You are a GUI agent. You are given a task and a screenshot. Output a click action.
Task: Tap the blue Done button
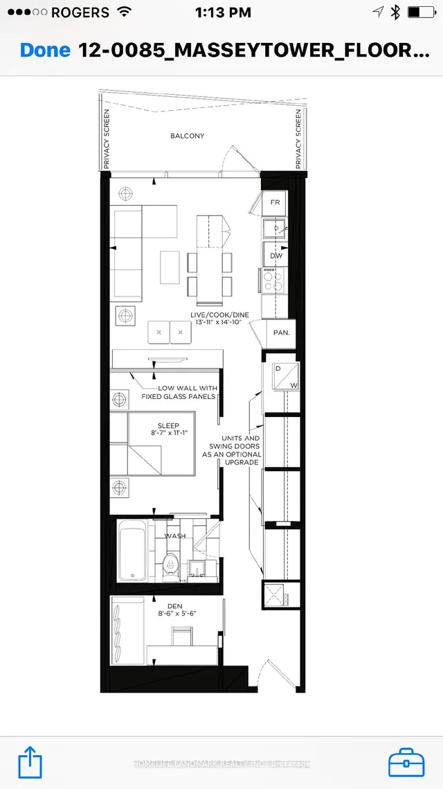click(45, 51)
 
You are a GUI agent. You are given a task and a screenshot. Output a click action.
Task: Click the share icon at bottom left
click(30, 761)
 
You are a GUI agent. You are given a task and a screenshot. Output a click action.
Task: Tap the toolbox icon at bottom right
click(406, 762)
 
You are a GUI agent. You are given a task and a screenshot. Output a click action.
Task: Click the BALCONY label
click(187, 136)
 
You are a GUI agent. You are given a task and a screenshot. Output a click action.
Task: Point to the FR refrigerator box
click(275, 203)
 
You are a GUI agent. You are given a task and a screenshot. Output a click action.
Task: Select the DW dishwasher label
click(276, 256)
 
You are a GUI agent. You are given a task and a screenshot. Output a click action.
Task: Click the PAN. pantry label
click(281, 333)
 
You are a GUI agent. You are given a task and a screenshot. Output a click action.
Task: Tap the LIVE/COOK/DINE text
click(217, 315)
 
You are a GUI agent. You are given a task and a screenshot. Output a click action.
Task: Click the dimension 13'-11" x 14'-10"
click(217, 323)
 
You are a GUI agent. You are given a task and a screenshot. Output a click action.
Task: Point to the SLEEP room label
click(168, 426)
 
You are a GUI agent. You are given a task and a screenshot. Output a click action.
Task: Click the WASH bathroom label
click(174, 535)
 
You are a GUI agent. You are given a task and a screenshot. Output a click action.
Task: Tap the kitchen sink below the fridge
click(275, 228)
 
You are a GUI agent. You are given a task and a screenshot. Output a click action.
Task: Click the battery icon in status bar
click(421, 12)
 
